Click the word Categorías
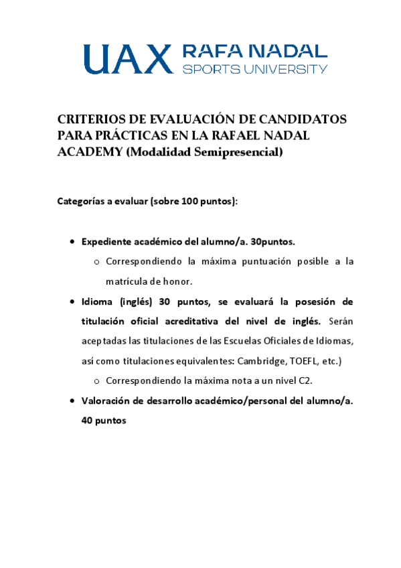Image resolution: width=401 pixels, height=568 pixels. (x=81, y=202)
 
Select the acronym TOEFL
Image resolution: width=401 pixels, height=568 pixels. (x=303, y=361)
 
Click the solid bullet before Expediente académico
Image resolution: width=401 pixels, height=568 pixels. (x=72, y=241)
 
